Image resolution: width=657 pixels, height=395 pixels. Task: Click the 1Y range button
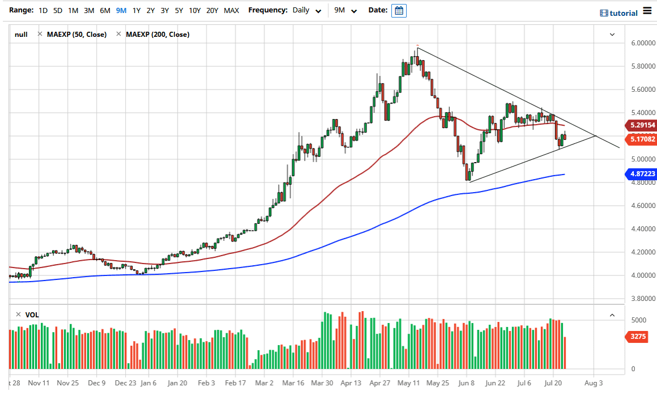coord(136,10)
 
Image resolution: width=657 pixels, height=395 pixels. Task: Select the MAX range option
coord(231,10)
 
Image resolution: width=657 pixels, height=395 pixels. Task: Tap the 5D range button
coord(58,10)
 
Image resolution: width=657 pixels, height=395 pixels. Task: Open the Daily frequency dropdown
coord(308,10)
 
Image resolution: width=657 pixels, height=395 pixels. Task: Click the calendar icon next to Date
coord(399,10)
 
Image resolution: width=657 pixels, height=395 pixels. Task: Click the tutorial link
coord(618,13)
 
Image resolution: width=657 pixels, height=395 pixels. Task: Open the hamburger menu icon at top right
coord(648,12)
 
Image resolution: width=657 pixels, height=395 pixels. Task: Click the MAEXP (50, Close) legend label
coord(76,35)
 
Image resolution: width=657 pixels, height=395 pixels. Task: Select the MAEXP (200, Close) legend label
coord(157,35)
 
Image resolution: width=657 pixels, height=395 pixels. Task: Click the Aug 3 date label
coord(593,383)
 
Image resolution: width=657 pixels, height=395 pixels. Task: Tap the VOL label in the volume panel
coord(32,315)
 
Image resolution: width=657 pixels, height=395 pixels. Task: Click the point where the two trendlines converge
coord(595,136)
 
